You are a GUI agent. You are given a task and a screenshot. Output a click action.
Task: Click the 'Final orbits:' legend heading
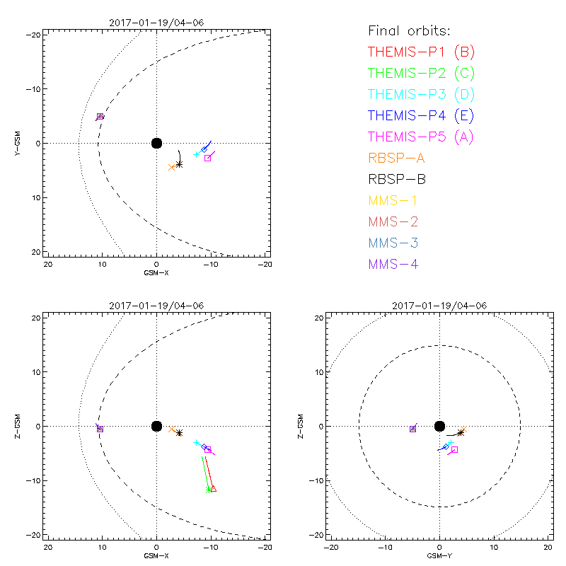pos(409,30)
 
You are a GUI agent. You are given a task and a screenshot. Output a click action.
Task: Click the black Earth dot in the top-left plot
pos(156,143)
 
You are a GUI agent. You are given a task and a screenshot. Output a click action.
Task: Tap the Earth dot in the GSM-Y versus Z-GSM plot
pos(439,426)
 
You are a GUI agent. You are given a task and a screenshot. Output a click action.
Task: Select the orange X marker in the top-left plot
pos(171,167)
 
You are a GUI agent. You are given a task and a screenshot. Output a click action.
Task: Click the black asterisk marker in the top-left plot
pos(179,164)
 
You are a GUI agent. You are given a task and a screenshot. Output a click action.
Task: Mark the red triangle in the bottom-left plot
pos(213,489)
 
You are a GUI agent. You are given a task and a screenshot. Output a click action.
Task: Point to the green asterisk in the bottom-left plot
pos(208,490)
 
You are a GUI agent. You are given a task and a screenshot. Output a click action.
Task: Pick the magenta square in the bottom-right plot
pos(455,449)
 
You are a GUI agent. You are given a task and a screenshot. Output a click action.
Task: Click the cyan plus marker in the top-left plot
pos(197,154)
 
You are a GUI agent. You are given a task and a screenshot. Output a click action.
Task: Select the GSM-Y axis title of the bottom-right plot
pos(439,555)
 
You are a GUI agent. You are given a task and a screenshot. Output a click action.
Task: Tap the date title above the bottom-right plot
pos(439,306)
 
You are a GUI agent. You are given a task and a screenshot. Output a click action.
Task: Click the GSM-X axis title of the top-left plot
pos(156,272)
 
